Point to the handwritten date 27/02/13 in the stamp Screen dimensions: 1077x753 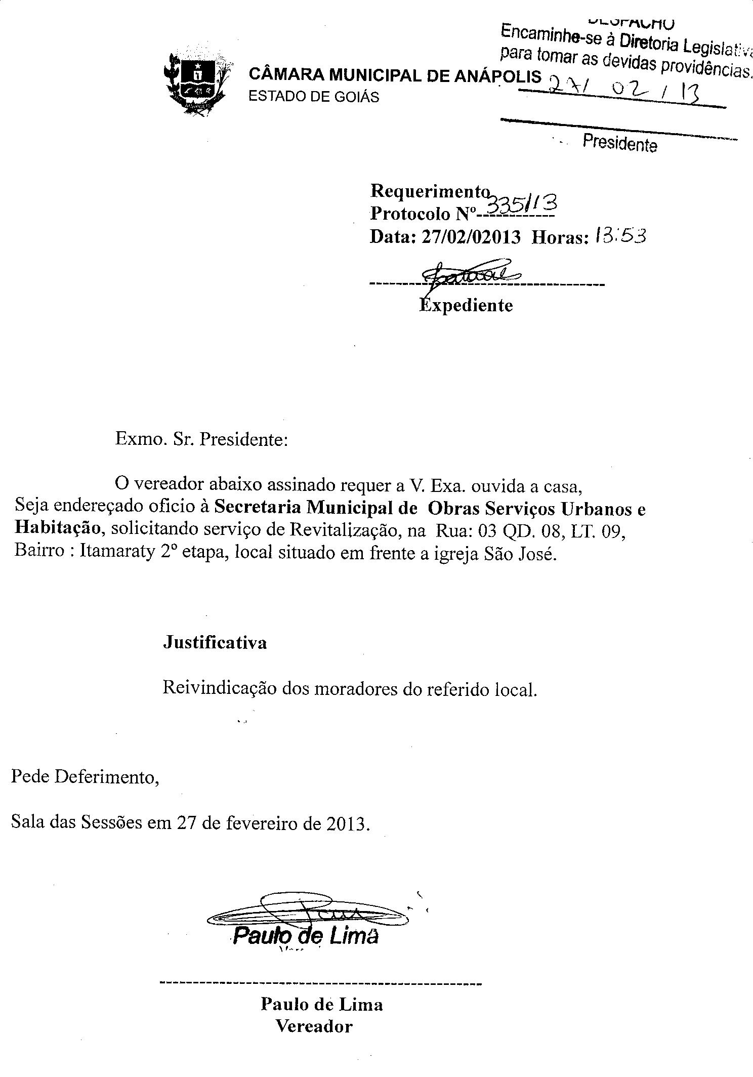[x=624, y=91]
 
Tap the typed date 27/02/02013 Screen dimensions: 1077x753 [x=470, y=237]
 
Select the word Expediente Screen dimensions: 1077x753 [x=466, y=305]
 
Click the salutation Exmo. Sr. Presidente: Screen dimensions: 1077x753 [x=201, y=438]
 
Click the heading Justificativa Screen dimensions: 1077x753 [x=215, y=643]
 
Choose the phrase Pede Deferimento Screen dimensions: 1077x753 [x=85, y=776]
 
